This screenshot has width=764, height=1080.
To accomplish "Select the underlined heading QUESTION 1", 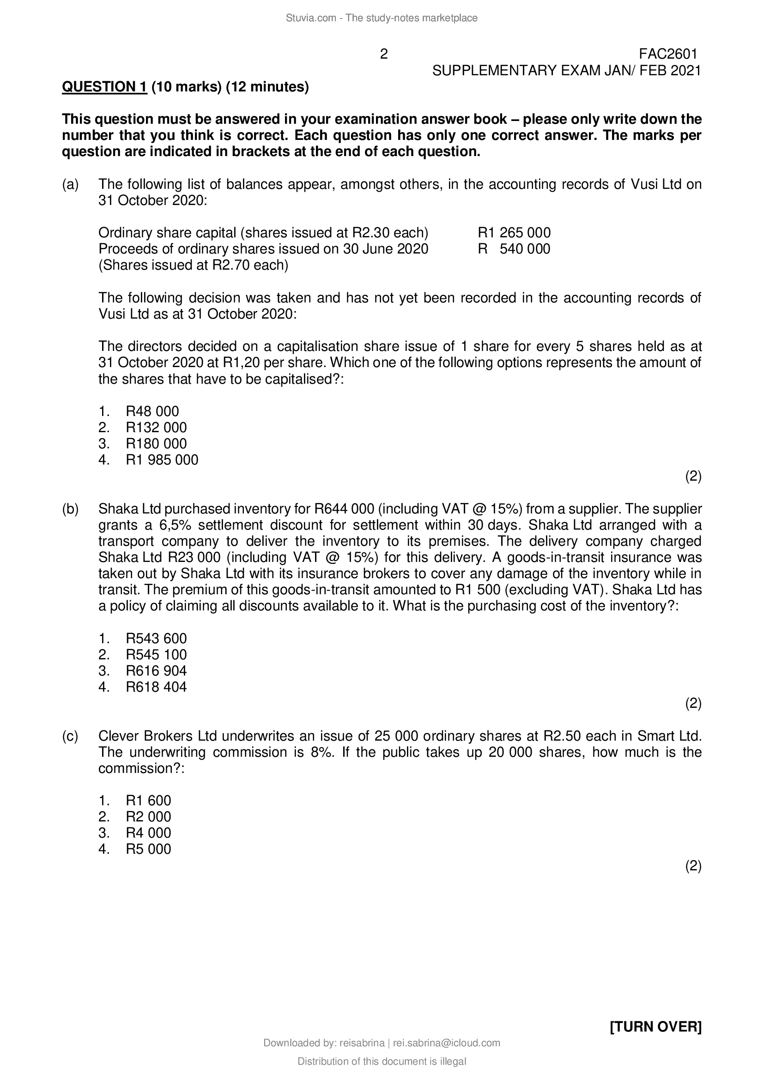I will [104, 87].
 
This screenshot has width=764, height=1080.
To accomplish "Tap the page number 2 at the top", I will [384, 54].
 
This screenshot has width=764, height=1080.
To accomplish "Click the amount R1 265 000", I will [514, 232].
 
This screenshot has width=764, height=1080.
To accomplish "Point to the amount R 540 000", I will [514, 249].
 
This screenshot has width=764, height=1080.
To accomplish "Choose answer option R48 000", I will [152, 411].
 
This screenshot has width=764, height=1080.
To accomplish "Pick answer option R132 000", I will [156, 428].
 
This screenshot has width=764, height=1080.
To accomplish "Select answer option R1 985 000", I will [162, 459].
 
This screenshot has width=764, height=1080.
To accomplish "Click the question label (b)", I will [71, 509].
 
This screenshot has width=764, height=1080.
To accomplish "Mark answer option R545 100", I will [156, 655].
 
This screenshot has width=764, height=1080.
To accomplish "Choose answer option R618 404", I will [156, 687].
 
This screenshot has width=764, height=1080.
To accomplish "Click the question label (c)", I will [71, 736].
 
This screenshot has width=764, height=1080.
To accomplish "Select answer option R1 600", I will [148, 801].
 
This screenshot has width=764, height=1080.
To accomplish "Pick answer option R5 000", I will [148, 849].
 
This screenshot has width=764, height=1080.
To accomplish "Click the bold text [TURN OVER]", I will [655, 1027].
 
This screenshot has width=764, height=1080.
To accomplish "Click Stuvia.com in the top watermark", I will [310, 18].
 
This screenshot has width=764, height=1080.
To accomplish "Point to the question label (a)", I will [71, 184].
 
